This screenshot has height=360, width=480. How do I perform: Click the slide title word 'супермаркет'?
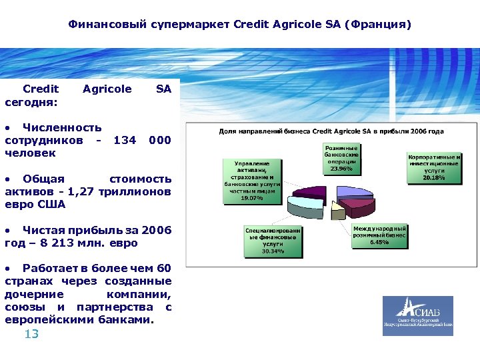pyautogui.click(x=198, y=25)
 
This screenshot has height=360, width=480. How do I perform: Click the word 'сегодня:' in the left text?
pyautogui.click(x=31, y=102)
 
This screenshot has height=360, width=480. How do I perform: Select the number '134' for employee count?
pyautogui.click(x=125, y=140)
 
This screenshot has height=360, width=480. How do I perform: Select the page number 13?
pyautogui.click(x=31, y=334)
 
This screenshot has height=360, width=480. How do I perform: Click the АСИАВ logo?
pyautogui.click(x=417, y=316)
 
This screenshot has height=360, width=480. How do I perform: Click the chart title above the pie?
pyautogui.click(x=331, y=132)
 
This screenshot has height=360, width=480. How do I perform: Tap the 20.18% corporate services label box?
pyautogui.click(x=434, y=167)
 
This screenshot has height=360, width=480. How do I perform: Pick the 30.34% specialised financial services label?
pyautogui.click(x=273, y=241)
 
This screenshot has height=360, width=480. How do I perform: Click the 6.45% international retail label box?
pyautogui.click(x=379, y=235)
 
